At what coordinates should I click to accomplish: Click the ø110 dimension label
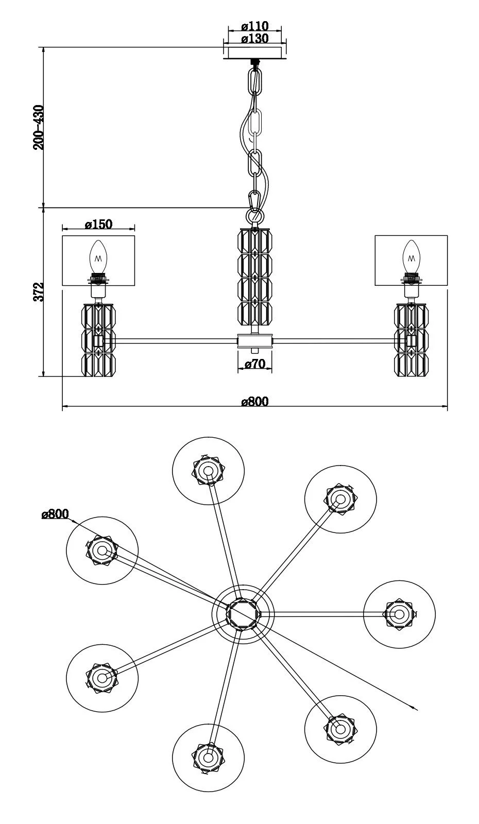(x=255, y=26)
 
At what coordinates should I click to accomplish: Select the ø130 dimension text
(x=255, y=38)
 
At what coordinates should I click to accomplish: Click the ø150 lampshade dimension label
(x=98, y=224)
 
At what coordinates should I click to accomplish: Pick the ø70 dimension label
(x=254, y=364)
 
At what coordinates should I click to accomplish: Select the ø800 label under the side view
(x=255, y=401)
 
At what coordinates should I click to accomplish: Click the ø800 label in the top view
(x=55, y=514)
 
